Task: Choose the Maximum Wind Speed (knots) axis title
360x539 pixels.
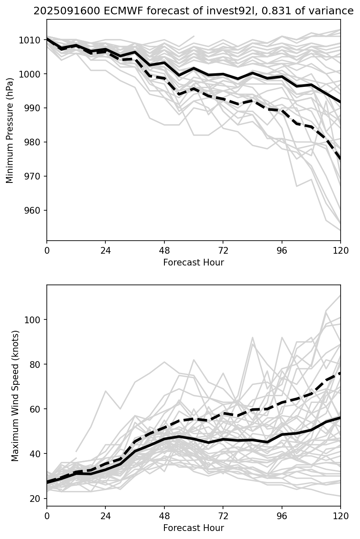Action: pos(16,395)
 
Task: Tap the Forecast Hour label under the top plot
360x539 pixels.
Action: pos(193,263)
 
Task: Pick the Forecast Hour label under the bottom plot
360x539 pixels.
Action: pos(193,528)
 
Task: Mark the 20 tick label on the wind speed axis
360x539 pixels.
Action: pos(35,499)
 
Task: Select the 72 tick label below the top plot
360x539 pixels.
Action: pos(223,250)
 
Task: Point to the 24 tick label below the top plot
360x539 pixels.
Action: pos(105,250)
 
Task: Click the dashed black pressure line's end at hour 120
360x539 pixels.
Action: pos(340,159)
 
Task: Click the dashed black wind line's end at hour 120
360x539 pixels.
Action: pos(340,373)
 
